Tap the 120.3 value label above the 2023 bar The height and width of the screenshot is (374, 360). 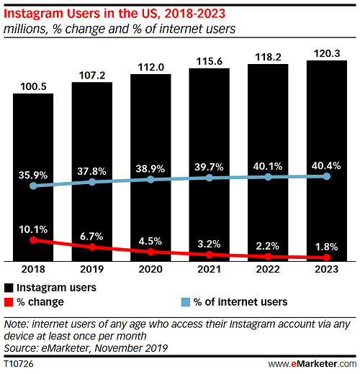pos(327,52)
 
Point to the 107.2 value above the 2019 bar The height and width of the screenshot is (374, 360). pos(92,74)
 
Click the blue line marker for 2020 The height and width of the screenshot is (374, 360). pos(150,179)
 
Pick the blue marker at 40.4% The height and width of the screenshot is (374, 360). pos(327,176)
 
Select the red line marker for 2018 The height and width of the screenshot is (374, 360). pos(33,240)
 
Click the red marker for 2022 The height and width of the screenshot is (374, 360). pos(268,256)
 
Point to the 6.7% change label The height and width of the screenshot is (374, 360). pos(92,235)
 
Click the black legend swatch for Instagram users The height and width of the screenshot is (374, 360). pos(8,288)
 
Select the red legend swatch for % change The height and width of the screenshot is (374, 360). pos(8,302)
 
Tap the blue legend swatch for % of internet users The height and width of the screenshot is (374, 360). pos(185,302)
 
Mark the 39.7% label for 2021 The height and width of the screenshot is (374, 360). pos(210,168)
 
